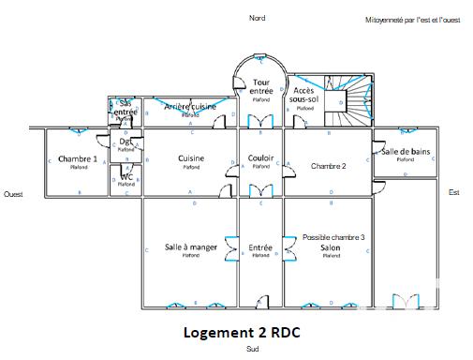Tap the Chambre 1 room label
click(x=78, y=159)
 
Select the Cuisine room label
click(x=191, y=158)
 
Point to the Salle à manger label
click(x=191, y=247)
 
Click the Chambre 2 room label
click(x=329, y=166)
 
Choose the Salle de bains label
click(x=405, y=152)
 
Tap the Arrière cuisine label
click(x=190, y=107)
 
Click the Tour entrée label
click(x=261, y=86)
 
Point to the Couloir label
click(x=261, y=158)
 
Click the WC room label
click(x=126, y=176)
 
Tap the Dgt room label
click(x=125, y=142)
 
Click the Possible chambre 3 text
click(x=333, y=237)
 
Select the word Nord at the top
click(x=257, y=19)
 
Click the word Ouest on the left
click(x=13, y=194)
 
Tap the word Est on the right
click(x=454, y=192)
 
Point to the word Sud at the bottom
click(x=252, y=349)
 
